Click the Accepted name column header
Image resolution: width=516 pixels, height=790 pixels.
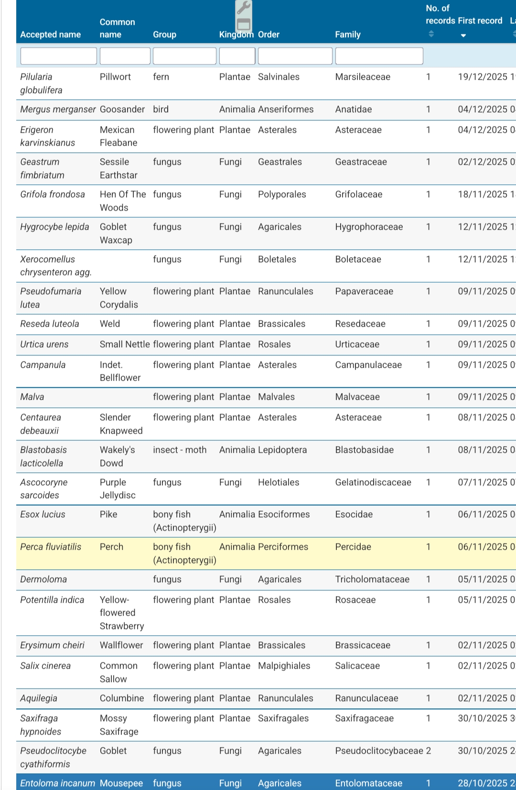(x=50, y=34)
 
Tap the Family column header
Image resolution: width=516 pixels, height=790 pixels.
(x=348, y=34)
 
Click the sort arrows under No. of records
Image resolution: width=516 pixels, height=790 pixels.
(x=431, y=33)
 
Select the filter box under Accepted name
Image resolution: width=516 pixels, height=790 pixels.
(x=59, y=56)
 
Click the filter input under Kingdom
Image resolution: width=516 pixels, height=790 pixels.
(x=237, y=56)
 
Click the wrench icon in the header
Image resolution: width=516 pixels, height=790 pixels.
(x=244, y=8)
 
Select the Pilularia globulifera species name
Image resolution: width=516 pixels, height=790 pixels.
(x=41, y=83)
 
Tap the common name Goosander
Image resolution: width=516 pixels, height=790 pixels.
(x=122, y=109)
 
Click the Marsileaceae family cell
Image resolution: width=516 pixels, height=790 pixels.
(x=363, y=77)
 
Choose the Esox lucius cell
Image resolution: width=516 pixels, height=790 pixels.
(x=43, y=514)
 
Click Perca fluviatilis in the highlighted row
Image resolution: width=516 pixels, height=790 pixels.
(x=51, y=547)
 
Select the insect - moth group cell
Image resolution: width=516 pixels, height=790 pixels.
(x=180, y=450)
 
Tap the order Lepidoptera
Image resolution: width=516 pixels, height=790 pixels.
(x=282, y=450)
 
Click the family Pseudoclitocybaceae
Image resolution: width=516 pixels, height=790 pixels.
(x=379, y=751)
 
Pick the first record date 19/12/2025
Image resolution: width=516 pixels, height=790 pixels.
(x=483, y=77)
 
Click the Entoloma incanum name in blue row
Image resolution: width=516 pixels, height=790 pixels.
(x=57, y=783)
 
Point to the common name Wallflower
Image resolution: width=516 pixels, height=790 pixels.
(x=121, y=645)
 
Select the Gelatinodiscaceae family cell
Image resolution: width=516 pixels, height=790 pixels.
(x=373, y=482)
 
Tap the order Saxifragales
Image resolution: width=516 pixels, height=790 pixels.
(x=283, y=718)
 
